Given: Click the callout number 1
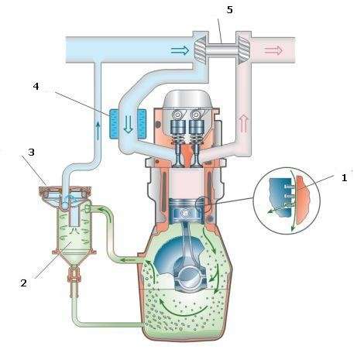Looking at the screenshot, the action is (344, 178).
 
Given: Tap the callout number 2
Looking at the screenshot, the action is (23, 283).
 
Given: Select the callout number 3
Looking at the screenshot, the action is (31, 153).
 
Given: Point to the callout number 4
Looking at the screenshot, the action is (36, 86).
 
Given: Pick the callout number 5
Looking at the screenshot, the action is (229, 10).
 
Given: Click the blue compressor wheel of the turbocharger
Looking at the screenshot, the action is (201, 49).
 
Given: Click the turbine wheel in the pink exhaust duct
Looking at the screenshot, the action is (243, 50).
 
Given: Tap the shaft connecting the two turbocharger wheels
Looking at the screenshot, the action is (221, 49).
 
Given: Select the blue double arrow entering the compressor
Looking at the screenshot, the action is (180, 50).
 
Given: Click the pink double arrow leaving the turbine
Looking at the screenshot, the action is (273, 50).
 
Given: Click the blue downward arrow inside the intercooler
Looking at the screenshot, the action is (129, 125).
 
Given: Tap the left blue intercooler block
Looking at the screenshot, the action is (114, 123).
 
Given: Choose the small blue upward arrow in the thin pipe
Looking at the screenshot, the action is (98, 131).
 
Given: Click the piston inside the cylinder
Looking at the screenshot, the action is (185, 211).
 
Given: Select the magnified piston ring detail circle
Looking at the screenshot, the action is (287, 201).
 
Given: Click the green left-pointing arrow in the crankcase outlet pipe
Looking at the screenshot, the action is (128, 260).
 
